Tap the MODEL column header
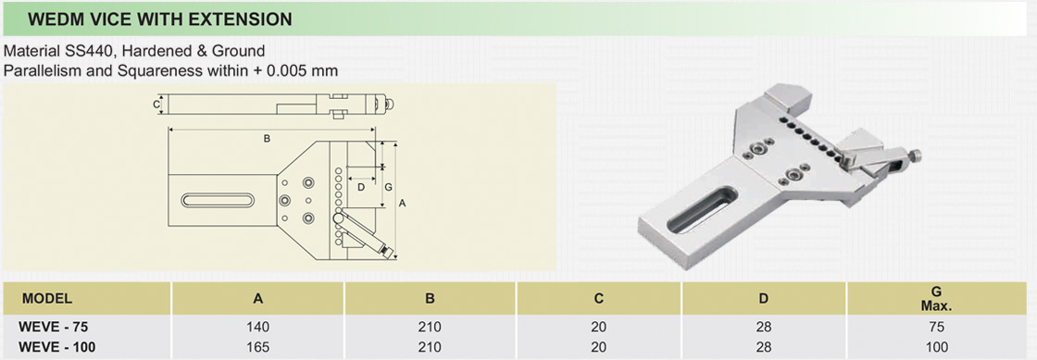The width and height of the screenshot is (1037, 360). tap(47, 298)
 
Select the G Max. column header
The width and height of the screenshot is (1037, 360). tap(936, 298)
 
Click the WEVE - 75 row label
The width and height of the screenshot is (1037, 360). tap(55, 327)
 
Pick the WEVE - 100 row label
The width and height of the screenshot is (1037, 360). tap(57, 346)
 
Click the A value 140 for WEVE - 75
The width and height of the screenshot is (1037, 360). tap(258, 327)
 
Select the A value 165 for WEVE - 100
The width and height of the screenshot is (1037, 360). tap(258, 346)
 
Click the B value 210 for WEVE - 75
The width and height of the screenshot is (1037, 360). tap(431, 327)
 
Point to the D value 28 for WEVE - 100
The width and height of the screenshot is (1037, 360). tap(763, 346)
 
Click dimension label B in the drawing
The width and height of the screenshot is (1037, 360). tap(266, 139)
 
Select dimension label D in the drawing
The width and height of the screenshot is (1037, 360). tap(361, 186)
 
